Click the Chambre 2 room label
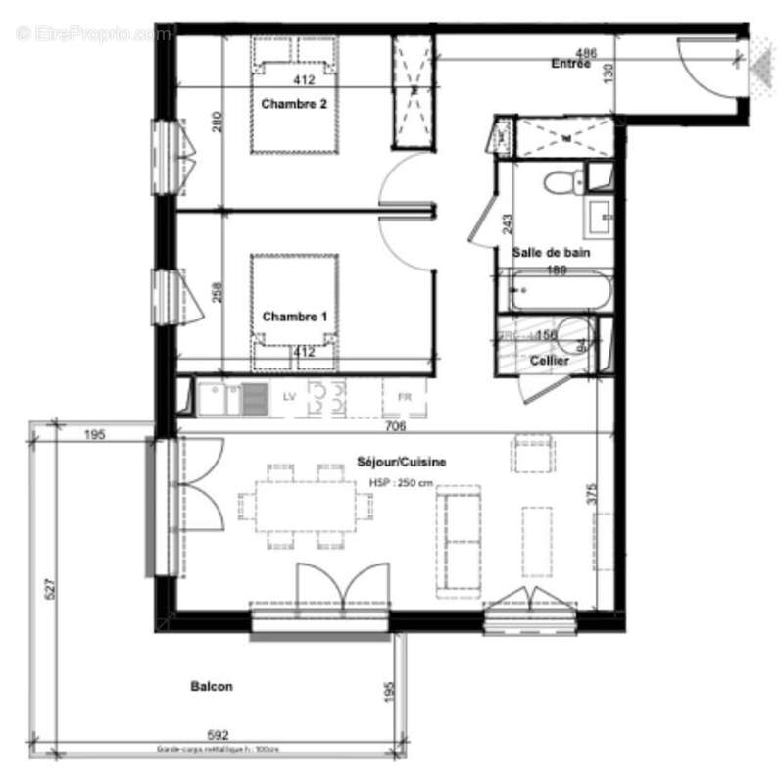click(294, 104)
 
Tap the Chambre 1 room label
click(295, 317)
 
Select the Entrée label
click(570, 64)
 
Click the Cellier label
click(550, 361)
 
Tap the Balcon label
click(212, 687)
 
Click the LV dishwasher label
click(289, 397)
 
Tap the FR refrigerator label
click(404, 397)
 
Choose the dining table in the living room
click(306, 506)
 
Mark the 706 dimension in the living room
click(396, 426)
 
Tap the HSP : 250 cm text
click(401, 483)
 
